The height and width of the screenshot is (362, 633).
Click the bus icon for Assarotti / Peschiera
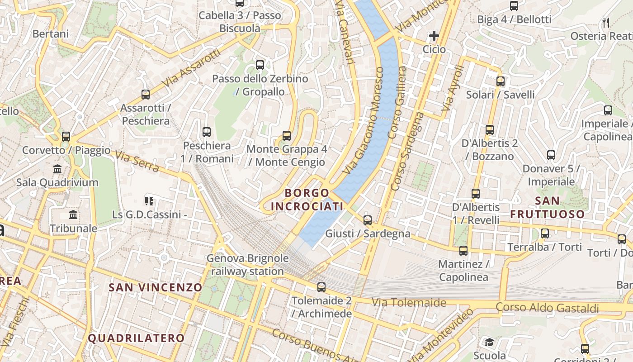click(x=146, y=95)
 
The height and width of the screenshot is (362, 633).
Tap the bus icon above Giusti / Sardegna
click(x=368, y=220)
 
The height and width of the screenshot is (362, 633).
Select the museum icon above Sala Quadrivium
click(x=57, y=169)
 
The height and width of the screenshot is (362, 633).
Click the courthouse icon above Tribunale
click(x=73, y=214)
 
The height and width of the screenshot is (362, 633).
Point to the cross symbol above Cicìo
click(x=434, y=36)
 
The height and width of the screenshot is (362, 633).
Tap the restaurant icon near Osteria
click(x=606, y=22)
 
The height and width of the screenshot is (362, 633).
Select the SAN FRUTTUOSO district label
click(x=548, y=207)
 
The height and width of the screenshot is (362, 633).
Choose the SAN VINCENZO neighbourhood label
click(x=156, y=287)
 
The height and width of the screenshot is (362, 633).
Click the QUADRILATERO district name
click(x=136, y=338)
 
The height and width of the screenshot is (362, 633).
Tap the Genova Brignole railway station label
click(x=247, y=265)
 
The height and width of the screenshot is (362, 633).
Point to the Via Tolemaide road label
click(x=409, y=302)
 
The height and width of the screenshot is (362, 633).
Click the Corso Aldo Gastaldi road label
click(x=547, y=308)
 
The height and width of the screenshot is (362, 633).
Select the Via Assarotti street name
click(x=192, y=68)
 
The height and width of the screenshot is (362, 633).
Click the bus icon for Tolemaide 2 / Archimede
click(x=321, y=287)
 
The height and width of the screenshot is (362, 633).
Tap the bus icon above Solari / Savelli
click(x=501, y=81)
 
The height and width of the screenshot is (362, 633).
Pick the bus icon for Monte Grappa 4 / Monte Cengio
click(x=287, y=135)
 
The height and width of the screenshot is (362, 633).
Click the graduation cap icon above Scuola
click(x=489, y=342)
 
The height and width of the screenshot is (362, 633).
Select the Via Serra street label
click(x=137, y=162)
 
